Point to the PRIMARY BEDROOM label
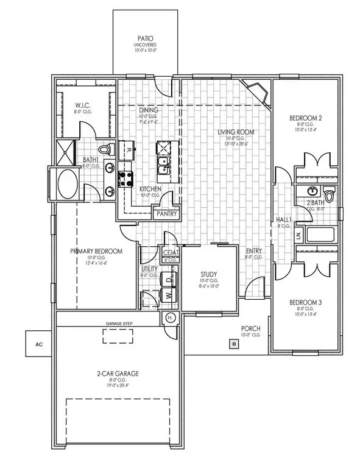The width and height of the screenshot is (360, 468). pos(96,251)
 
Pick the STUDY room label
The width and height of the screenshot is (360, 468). pos(209,274)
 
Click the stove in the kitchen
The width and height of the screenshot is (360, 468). pos(126,179)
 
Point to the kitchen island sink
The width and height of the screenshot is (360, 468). pos(163,165)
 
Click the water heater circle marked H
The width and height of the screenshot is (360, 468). pos(170,317)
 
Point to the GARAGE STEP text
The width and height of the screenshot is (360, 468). pos(118,324)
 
